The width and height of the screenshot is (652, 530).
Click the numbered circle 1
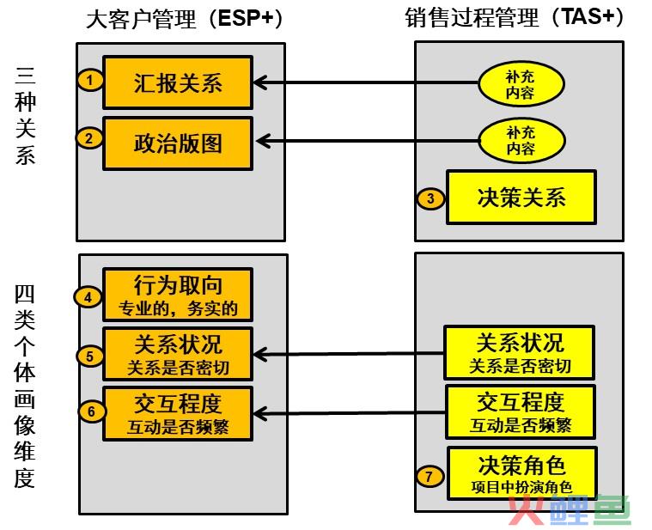[x=90, y=79]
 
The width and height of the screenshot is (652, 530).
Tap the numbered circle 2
[x=89, y=137]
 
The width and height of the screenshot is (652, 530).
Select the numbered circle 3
[x=430, y=198]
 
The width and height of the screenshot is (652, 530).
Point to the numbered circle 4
[x=88, y=297]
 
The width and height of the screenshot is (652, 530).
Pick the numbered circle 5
[x=90, y=356]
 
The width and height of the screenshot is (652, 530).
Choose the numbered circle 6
[x=92, y=411]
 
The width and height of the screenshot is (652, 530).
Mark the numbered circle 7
[x=430, y=476]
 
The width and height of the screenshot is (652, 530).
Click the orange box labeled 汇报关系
[x=178, y=82]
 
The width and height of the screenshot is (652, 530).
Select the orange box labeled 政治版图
[x=178, y=143]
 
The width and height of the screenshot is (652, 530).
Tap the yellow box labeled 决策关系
[x=521, y=197]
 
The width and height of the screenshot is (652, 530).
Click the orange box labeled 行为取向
[x=178, y=295]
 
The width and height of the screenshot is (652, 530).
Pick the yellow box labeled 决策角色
[x=522, y=473]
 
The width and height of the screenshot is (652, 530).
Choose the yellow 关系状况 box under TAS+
[x=519, y=353]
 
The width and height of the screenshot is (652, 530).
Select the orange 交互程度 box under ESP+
[x=178, y=414]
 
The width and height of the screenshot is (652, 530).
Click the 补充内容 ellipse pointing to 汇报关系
[x=521, y=84]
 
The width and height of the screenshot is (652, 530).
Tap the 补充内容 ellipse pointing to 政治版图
[x=521, y=141]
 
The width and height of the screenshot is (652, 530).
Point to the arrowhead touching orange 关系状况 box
[x=259, y=355]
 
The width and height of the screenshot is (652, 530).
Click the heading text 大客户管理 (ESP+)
[x=184, y=18]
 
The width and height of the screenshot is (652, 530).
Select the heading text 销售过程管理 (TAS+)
[x=514, y=17]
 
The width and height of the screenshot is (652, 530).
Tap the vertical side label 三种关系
[x=26, y=115]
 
